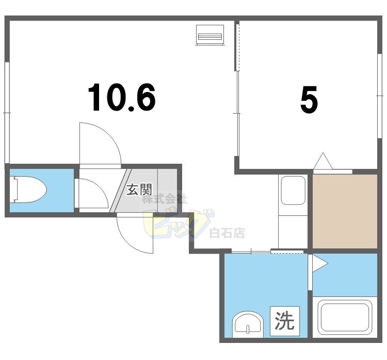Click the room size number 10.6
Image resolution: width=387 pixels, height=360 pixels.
122,98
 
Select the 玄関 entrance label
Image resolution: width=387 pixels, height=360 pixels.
139,190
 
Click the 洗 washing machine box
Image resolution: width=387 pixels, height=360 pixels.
284,321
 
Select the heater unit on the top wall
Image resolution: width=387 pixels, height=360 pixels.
209,35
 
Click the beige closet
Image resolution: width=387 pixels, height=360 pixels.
345,211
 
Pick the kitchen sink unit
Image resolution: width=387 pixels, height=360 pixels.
293,190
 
